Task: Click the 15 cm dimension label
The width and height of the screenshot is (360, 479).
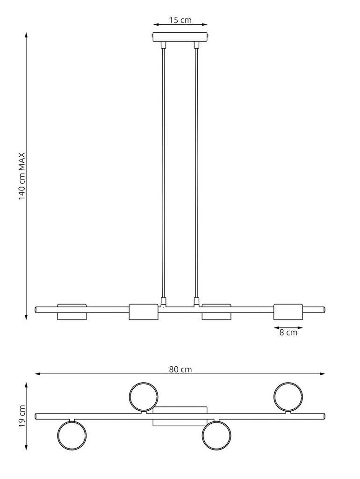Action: (180, 20)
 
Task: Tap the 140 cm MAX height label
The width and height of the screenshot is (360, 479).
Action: (22, 176)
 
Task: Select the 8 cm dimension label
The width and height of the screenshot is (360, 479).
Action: (288, 333)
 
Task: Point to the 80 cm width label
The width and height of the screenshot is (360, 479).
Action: (180, 370)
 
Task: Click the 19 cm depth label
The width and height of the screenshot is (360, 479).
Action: (22, 416)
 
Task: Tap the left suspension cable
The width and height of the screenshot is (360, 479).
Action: (164, 173)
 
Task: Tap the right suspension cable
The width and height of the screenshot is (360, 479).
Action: (196, 173)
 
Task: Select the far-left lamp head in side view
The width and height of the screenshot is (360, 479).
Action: (72, 312)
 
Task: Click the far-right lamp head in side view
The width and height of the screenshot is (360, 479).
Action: (288, 312)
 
